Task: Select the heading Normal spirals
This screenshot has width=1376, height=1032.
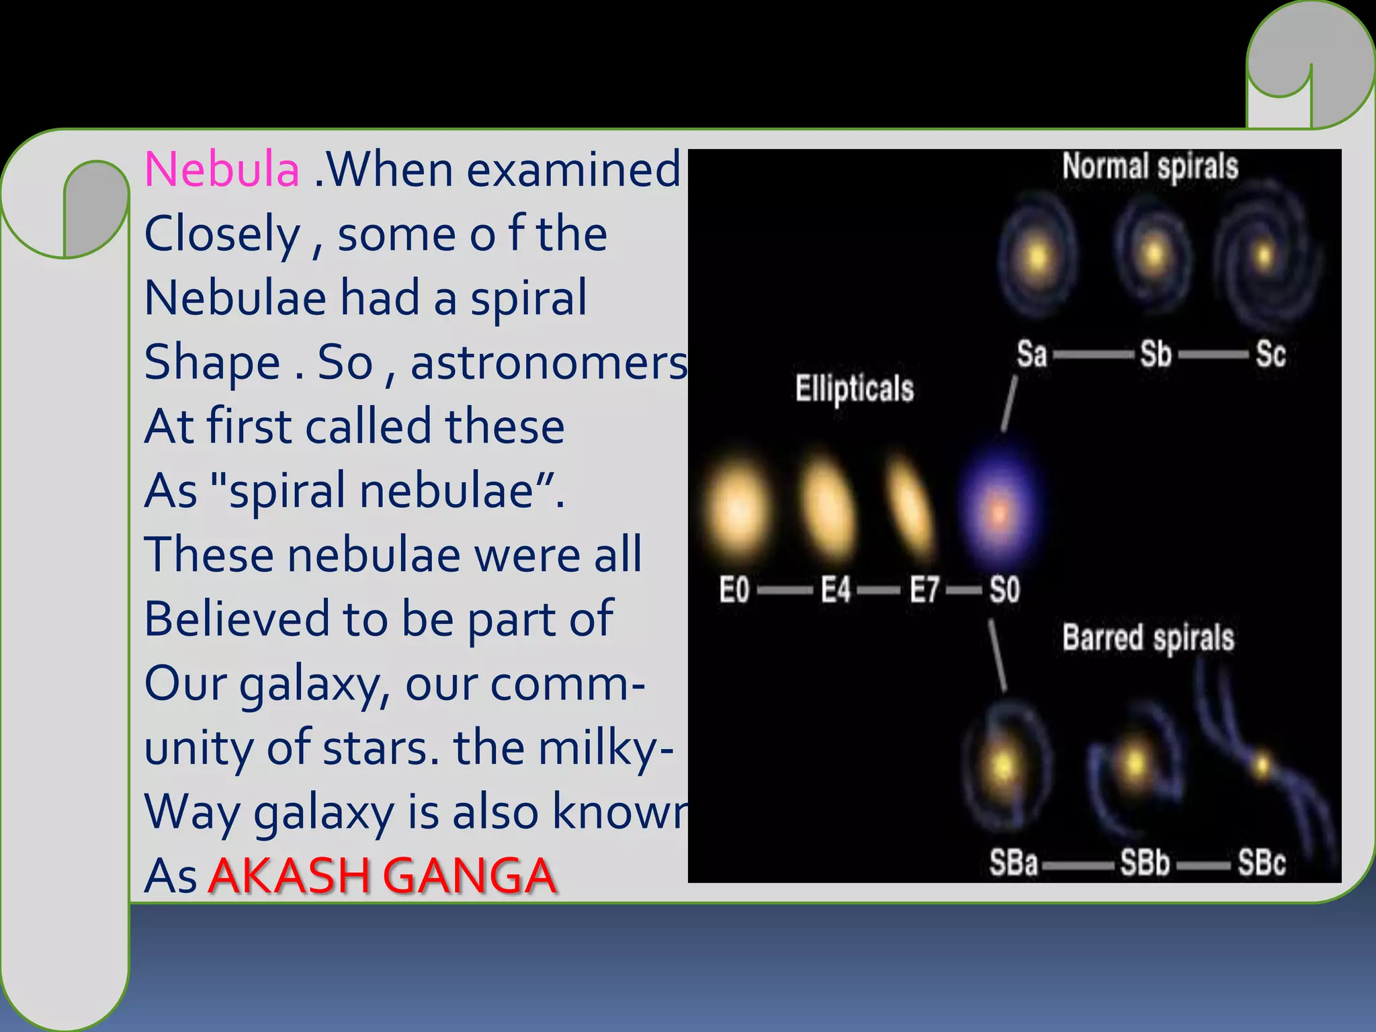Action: pos(1150,167)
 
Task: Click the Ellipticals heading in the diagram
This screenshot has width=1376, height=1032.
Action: pos(855,388)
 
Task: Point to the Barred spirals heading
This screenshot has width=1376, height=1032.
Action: pos(1148,638)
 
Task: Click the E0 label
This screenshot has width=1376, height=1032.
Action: pos(734,590)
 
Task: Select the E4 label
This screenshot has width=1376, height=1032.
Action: pos(836,590)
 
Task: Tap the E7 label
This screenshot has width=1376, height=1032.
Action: pos(924,590)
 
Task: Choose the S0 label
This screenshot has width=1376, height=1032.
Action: pos(1004,590)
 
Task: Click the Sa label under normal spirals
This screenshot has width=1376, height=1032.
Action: pos(1031,353)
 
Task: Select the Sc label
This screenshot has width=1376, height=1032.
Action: pos(1271,353)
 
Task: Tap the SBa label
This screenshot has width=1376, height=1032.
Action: pos(1013,863)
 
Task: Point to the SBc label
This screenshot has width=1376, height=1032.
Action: pos(1262,863)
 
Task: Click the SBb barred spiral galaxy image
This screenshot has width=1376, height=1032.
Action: pos(1134,766)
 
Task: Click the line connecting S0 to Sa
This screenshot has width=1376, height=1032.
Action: pos(1009,403)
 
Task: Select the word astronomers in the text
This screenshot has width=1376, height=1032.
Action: pos(550,362)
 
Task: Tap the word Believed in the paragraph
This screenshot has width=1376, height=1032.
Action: pos(236,619)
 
